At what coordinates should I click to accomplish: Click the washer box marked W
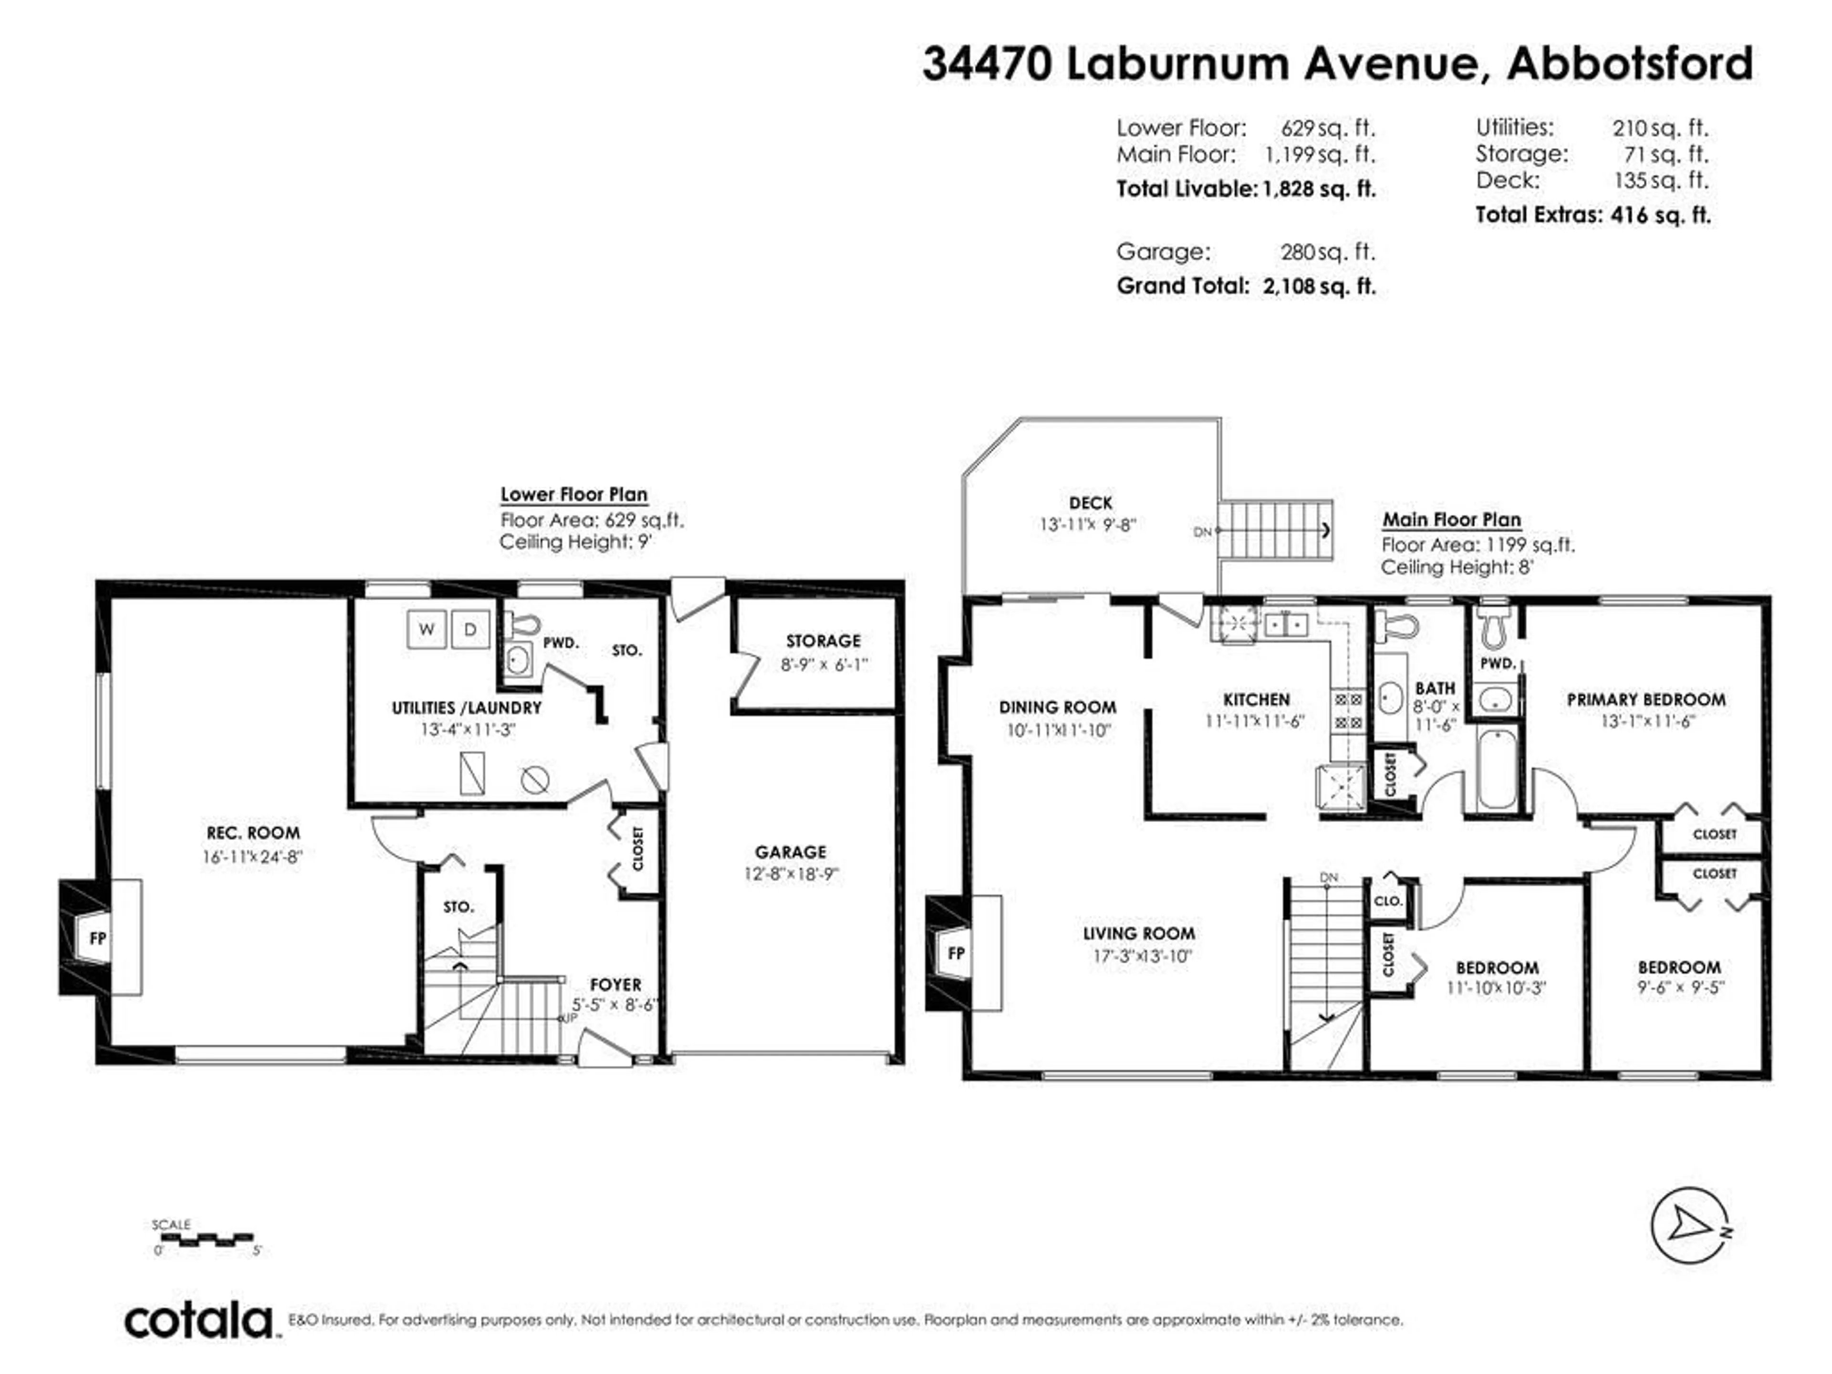click(427, 629)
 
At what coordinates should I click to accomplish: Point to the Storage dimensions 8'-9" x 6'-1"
click(823, 664)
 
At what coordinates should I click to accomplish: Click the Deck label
click(1090, 503)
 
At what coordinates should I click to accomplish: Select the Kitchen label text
click(1256, 700)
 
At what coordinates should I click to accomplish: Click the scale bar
click(204, 1239)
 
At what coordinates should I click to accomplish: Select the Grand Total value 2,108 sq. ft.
click(1319, 287)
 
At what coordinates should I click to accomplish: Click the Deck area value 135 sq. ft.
click(1661, 180)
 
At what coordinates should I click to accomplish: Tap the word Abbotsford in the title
click(1629, 64)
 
